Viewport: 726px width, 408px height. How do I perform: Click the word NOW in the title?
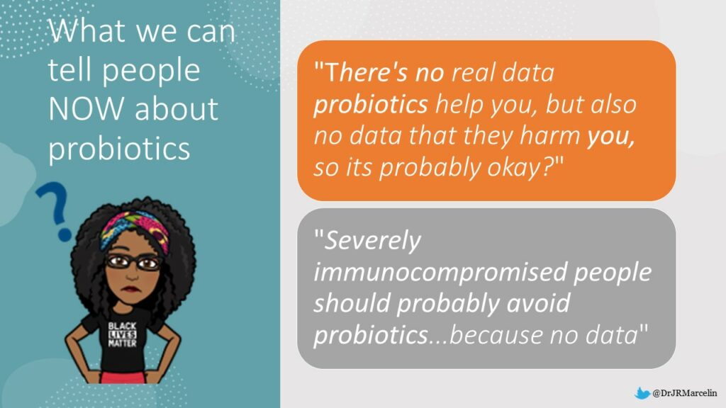point(86,108)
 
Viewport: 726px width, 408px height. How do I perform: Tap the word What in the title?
point(87,30)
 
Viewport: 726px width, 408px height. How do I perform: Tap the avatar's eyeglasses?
point(133,263)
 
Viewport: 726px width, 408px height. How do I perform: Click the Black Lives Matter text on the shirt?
point(122,334)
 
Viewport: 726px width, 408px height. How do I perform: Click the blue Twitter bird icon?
point(642,394)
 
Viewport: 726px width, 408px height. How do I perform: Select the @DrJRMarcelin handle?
point(684,393)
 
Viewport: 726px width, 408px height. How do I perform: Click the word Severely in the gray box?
point(373,241)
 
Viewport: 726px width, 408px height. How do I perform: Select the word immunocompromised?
point(440,273)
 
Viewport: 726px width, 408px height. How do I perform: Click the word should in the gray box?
point(352,303)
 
